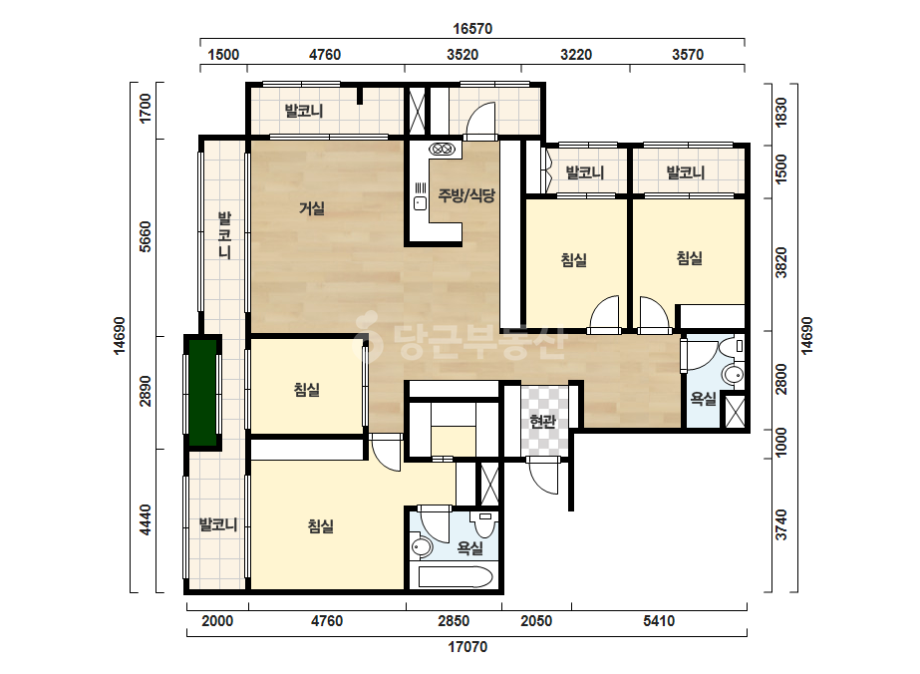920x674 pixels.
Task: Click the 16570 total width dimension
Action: pyautogui.click(x=472, y=28)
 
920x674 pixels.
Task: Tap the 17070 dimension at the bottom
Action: pyautogui.click(x=467, y=647)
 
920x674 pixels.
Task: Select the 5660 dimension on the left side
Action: pyautogui.click(x=145, y=236)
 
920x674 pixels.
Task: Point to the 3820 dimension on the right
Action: pyautogui.click(x=780, y=263)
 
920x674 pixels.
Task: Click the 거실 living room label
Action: pyautogui.click(x=312, y=208)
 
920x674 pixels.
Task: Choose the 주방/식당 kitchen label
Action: pyautogui.click(x=466, y=195)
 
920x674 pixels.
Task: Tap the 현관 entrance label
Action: pyautogui.click(x=542, y=421)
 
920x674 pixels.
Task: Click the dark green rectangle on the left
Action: pyautogui.click(x=203, y=392)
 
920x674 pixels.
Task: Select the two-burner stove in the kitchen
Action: pyautogui.click(x=442, y=150)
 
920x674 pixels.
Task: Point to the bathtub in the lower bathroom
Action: pyautogui.click(x=456, y=577)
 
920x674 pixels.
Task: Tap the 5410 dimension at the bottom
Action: pyautogui.click(x=658, y=620)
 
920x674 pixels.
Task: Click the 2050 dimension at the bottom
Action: pyautogui.click(x=536, y=620)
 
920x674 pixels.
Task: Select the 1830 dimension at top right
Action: pyautogui.click(x=780, y=112)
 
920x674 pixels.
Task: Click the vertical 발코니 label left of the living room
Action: pyautogui.click(x=224, y=236)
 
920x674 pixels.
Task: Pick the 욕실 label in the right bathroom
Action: pyautogui.click(x=703, y=399)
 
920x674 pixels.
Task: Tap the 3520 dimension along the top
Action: pyautogui.click(x=462, y=55)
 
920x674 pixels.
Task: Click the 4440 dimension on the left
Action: pyautogui.click(x=145, y=520)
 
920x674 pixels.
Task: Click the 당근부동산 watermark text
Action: pyautogui.click(x=459, y=342)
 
